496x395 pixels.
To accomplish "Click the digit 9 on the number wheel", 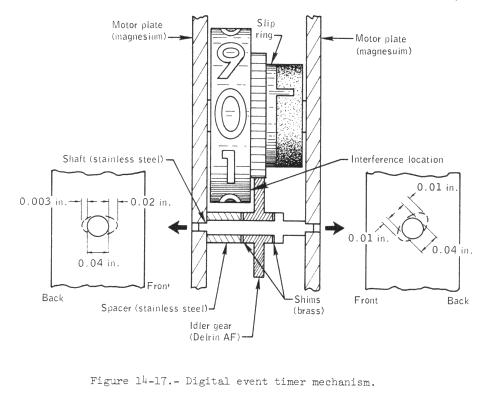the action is [x=229, y=62].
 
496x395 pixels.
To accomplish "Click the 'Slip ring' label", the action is [x=265, y=29].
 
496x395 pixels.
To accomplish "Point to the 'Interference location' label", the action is [x=397, y=160].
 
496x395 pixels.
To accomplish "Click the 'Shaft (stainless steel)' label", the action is [x=113, y=159].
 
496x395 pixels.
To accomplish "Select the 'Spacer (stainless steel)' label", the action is [x=154, y=308].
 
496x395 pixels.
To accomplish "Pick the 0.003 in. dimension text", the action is [x=44, y=201].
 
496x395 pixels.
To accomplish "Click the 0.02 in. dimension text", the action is [x=151, y=202].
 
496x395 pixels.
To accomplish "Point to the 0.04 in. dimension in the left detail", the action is [x=99, y=263].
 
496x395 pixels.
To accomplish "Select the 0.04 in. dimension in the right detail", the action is [x=452, y=250].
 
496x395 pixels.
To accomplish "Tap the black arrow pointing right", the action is [x=334, y=228].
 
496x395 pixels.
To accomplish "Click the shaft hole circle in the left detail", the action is [x=98, y=226].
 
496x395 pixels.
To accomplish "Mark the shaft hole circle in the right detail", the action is [x=413, y=229].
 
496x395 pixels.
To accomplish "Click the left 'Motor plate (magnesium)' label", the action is [x=138, y=30].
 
